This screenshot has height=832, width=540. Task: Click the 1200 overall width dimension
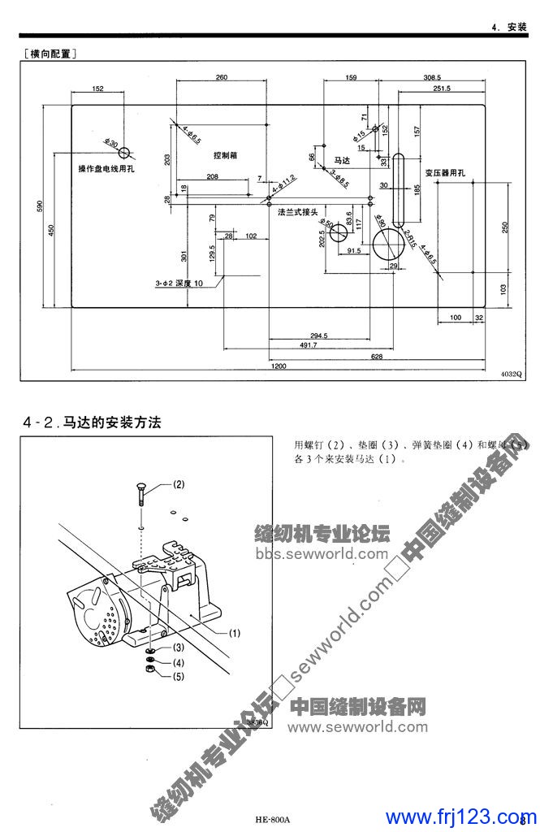279,366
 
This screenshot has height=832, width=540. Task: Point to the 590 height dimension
40,206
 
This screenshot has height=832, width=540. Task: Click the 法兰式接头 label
296,212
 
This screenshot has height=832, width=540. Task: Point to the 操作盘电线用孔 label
106,168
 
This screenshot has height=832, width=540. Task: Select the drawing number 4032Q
512,374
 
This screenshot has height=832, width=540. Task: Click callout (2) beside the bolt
178,484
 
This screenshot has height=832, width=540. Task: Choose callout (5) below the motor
178,675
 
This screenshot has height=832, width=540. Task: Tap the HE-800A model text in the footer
271,819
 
